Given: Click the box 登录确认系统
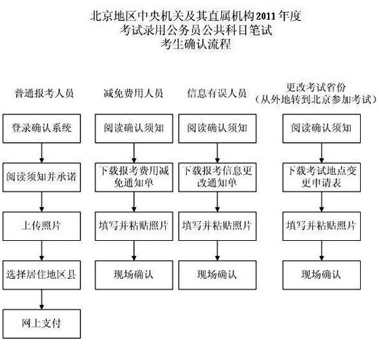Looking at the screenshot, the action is point(41,129).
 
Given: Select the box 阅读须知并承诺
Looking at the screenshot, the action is point(41,177).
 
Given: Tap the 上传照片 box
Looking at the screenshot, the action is point(41,226).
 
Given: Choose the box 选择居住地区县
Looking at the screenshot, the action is point(41,275).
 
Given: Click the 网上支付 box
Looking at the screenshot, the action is point(41,323).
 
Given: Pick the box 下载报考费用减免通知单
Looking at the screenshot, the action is point(134,177).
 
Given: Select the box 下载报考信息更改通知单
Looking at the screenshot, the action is point(217,177).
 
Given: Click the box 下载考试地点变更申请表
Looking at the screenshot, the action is point(321,177).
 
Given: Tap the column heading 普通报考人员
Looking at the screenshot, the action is point(44,93).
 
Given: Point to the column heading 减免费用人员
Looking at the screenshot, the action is point(133,93).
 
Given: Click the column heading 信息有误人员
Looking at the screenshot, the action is point(217,93).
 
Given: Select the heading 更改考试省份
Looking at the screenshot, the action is point(315,87).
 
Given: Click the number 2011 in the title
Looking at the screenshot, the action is point(265,16).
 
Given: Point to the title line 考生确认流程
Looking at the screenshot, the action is point(196,44).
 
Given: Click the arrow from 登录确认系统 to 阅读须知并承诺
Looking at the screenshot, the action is point(41,153).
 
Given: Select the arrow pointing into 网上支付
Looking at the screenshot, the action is point(41,300).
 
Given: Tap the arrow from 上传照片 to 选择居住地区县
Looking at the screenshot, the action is point(41,251).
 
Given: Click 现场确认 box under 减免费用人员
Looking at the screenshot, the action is point(134,275).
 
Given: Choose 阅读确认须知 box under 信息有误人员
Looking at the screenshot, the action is point(217,129).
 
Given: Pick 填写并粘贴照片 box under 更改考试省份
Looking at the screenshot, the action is point(321,226).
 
